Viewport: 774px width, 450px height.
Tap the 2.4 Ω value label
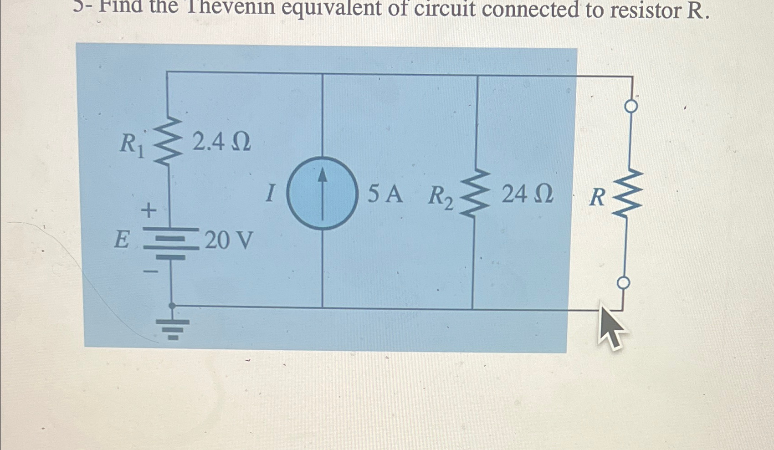tap(221, 142)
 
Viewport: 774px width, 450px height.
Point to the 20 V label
tap(228, 240)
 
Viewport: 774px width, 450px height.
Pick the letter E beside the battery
tap(121, 240)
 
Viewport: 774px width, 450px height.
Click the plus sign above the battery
tap(149, 210)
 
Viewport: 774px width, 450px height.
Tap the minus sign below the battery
tap(151, 271)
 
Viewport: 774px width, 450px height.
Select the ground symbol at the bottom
tap(173, 328)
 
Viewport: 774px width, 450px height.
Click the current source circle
tap(323, 193)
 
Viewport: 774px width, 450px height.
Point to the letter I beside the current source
tap(270, 193)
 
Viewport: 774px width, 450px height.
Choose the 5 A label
tap(385, 194)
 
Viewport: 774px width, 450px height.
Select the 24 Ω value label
tap(528, 194)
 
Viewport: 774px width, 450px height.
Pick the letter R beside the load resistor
tap(597, 198)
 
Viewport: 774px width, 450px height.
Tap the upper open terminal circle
tap(631, 107)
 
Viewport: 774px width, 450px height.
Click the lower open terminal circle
tap(623, 283)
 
